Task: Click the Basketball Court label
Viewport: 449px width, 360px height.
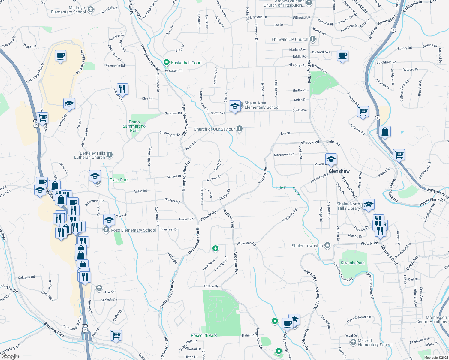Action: click(186, 63)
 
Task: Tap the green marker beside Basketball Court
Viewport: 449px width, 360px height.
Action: click(166, 62)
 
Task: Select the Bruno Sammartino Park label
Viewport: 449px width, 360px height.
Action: click(134, 126)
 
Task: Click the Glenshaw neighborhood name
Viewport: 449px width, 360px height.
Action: click(339, 171)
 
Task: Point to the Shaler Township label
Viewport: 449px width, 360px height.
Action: click(307, 246)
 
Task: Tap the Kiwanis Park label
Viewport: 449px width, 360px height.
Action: click(353, 263)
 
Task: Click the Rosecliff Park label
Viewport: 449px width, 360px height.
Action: click(204, 335)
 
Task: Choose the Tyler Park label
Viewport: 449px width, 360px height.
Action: click(119, 180)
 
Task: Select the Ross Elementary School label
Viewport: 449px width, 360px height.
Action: click(133, 230)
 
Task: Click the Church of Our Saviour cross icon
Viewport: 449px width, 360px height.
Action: click(239, 129)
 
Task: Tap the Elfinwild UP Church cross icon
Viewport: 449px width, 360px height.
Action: click(313, 39)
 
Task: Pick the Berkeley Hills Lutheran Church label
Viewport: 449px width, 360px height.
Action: click(89, 155)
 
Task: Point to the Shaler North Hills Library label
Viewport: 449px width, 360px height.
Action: click(349, 206)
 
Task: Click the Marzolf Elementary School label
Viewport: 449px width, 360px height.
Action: click(375, 343)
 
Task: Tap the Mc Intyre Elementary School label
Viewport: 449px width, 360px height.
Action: click(68, 10)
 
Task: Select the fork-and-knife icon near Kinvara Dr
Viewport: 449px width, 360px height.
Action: click(122, 89)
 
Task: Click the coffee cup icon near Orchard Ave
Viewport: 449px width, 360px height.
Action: click(342, 55)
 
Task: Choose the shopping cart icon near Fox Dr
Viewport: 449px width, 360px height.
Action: click(116, 335)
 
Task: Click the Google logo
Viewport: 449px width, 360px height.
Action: click(10, 356)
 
